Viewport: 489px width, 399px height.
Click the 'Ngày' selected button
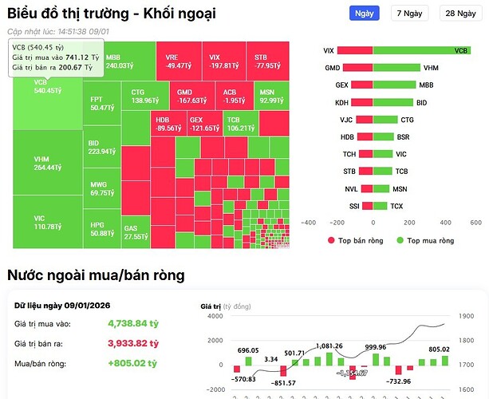pyautogui.click(x=364, y=14)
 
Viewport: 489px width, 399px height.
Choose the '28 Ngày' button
pyautogui.click(x=461, y=14)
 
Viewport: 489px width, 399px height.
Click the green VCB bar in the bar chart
pyautogui.click(x=422, y=50)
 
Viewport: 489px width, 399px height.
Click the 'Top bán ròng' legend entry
pyautogui.click(x=356, y=240)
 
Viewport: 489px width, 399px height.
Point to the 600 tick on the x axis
pyautogui.click(x=475, y=223)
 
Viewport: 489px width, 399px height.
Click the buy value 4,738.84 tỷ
pyautogui.click(x=133, y=324)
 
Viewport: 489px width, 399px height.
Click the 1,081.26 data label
pyautogui.click(x=329, y=346)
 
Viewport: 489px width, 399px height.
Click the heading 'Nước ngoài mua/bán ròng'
pyautogui.click(x=96, y=275)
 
